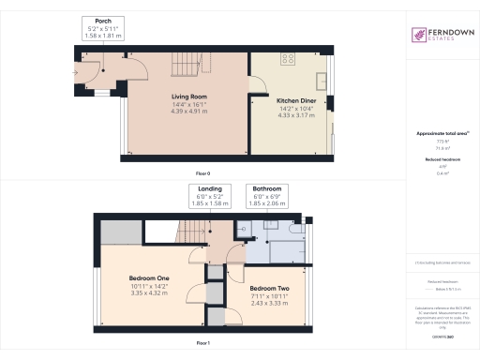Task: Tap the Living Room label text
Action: (187, 97)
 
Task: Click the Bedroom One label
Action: (149, 279)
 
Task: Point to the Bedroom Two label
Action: (268, 287)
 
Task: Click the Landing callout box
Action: (211, 199)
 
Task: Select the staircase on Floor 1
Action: (192, 230)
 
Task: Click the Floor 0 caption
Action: (202, 175)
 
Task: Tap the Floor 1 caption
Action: (202, 343)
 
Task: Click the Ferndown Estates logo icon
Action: (418, 35)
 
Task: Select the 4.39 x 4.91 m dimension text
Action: (187, 112)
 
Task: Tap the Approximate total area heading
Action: (436, 133)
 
